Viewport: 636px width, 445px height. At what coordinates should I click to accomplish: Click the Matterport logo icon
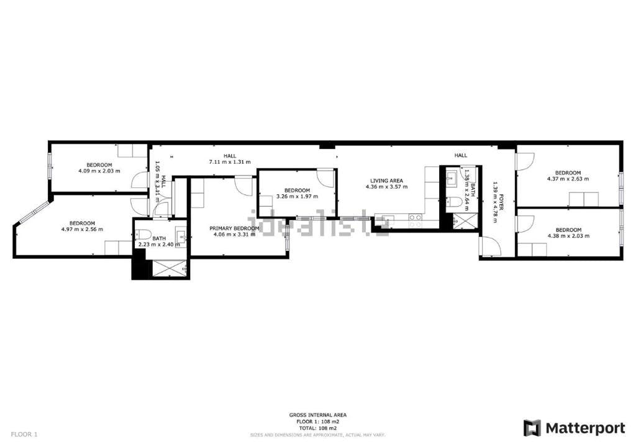click(x=532, y=428)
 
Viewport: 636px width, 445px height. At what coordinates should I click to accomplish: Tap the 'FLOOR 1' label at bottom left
click(x=25, y=434)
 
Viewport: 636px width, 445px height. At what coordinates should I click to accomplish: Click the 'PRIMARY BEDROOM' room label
click(x=234, y=228)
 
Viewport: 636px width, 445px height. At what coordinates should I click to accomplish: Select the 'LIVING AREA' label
click(x=386, y=181)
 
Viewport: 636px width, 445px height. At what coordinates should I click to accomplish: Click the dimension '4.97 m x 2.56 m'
click(x=82, y=229)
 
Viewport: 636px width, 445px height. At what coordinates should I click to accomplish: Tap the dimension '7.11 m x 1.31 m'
click(x=230, y=162)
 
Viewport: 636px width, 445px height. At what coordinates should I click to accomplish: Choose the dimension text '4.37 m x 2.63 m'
click(x=568, y=179)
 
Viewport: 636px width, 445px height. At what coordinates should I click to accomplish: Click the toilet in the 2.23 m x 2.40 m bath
click(x=143, y=236)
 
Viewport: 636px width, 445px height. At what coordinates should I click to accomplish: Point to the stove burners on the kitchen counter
click(x=415, y=218)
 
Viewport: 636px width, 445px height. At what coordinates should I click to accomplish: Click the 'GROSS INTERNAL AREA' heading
click(x=318, y=415)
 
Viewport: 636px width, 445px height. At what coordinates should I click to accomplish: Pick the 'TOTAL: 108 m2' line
click(x=318, y=428)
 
